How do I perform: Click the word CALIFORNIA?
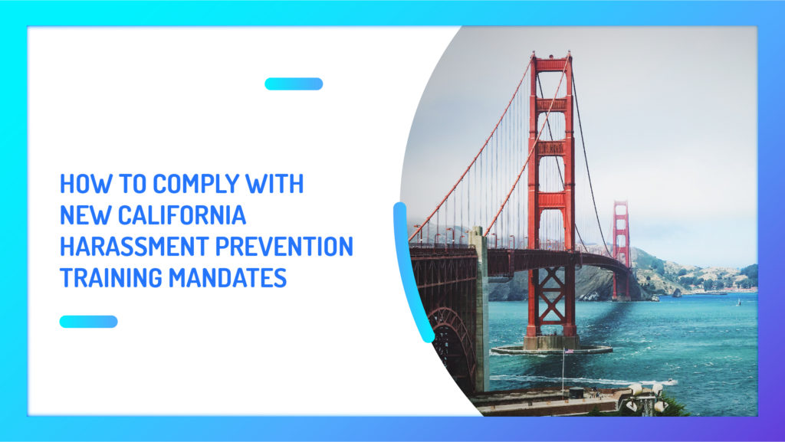pyautogui.click(x=182, y=215)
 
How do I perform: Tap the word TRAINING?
pyautogui.click(x=111, y=277)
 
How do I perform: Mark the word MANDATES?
pyautogui.click(x=228, y=277)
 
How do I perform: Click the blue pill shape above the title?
pyautogui.click(x=294, y=84)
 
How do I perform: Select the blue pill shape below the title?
pyautogui.click(x=89, y=322)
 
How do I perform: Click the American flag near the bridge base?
pyautogui.click(x=569, y=351)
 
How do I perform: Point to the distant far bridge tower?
pyautogui.click(x=621, y=250)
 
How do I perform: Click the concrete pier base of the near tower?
pyautogui.click(x=551, y=345)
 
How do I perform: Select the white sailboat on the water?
pyautogui.click(x=738, y=302)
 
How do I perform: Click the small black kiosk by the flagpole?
pyautogui.click(x=576, y=392)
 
